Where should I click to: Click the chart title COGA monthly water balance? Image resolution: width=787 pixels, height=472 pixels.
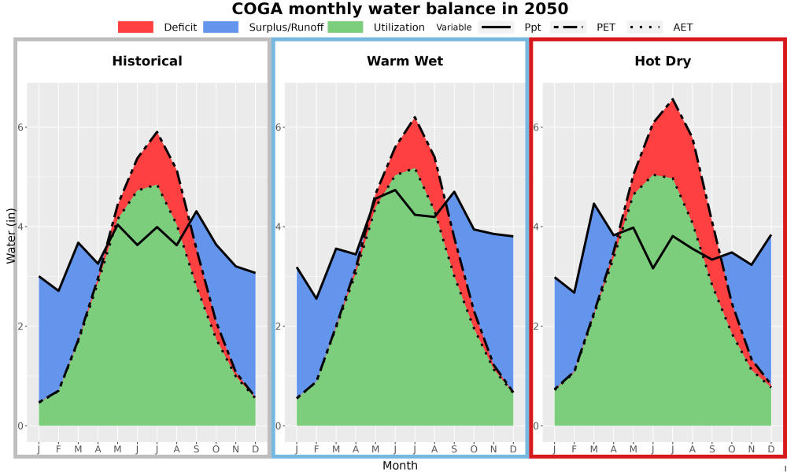[x=400, y=9]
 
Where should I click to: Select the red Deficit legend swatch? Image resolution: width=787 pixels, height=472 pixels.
[x=135, y=27]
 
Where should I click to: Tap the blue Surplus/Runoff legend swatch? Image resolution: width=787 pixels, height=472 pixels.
[x=221, y=27]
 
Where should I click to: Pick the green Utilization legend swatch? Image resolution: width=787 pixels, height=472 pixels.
[x=345, y=27]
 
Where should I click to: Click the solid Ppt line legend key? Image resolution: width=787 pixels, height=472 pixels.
[x=496, y=27]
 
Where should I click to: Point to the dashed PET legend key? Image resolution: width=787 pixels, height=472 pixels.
[x=567, y=27]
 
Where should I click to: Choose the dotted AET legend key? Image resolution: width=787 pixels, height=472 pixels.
[x=645, y=27]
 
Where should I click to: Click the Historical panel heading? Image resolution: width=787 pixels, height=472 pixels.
[x=147, y=61]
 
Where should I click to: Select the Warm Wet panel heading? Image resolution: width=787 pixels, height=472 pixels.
[x=405, y=61]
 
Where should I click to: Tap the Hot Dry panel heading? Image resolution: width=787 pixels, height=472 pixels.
[x=663, y=61]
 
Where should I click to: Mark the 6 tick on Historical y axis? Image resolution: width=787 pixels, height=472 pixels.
[x=20, y=127]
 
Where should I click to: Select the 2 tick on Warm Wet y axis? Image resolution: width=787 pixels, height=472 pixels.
[x=279, y=326]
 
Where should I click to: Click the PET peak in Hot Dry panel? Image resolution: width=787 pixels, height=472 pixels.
[x=673, y=99]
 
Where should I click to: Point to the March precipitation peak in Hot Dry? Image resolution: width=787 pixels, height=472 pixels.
[x=593, y=204]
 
